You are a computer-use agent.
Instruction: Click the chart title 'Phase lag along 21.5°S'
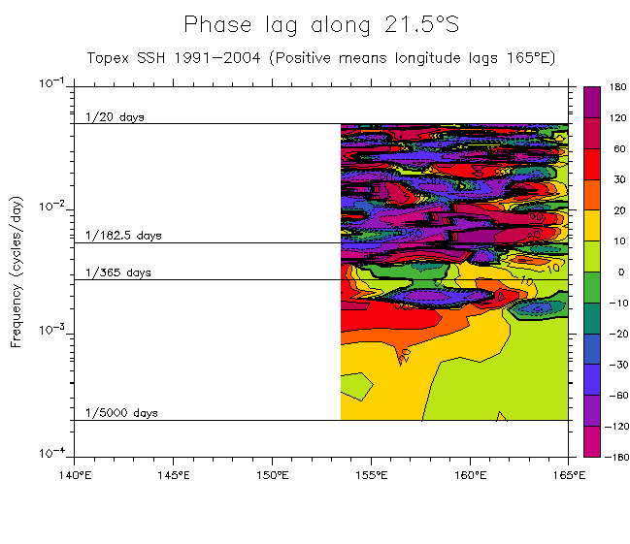click(320, 24)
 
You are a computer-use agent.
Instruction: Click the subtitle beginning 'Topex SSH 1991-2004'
click(320, 57)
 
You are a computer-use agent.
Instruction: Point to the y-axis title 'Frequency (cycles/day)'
click(16, 269)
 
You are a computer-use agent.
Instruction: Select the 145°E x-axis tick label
click(173, 475)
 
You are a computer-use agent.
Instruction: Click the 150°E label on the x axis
click(272, 475)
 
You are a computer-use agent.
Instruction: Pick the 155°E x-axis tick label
click(371, 475)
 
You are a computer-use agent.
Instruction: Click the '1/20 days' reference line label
click(115, 117)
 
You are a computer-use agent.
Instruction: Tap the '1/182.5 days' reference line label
click(123, 236)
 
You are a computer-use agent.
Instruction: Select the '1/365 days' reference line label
click(118, 272)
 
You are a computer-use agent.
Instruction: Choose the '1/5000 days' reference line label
click(121, 413)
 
